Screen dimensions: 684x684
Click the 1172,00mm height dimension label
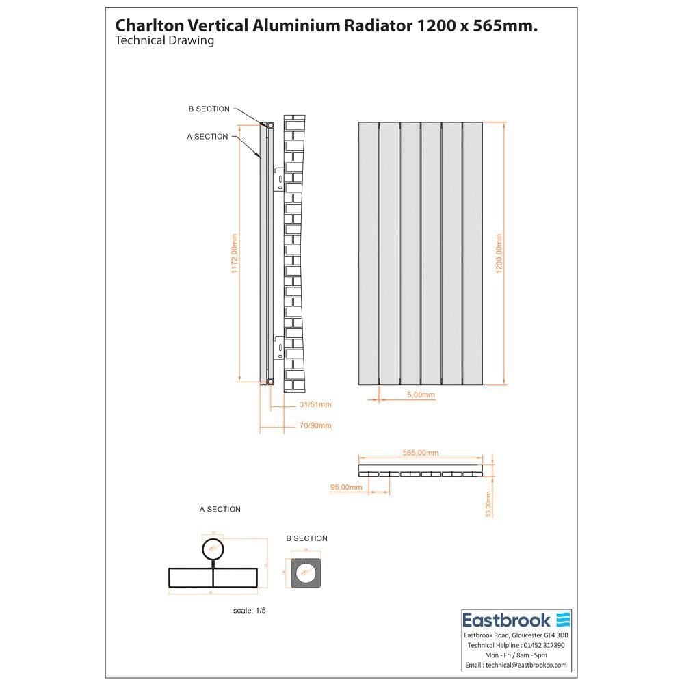234,254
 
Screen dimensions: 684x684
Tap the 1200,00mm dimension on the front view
499,254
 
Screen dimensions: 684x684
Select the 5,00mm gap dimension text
420,395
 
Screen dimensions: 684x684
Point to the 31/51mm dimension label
315,404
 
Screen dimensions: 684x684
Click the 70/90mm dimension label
315,425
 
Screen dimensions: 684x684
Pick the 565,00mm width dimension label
420,453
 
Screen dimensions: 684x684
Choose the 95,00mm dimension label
345,487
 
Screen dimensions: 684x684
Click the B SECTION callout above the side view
209,109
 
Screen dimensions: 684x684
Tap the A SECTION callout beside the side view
207,137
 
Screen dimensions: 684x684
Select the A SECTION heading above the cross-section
220,510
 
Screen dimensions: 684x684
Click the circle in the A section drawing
213,549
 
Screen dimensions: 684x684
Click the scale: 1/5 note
249,610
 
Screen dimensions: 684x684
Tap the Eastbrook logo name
506,620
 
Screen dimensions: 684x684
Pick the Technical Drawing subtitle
165,40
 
